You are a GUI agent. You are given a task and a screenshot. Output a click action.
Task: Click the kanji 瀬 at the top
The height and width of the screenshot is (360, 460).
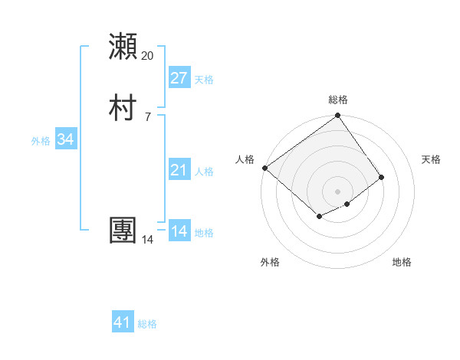(x=123, y=47)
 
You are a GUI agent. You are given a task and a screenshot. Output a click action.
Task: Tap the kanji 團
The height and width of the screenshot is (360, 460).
(x=123, y=231)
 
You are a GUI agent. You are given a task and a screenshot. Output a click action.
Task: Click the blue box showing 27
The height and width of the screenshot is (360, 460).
(x=179, y=78)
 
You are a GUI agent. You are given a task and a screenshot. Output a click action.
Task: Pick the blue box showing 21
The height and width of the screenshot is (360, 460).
(x=179, y=170)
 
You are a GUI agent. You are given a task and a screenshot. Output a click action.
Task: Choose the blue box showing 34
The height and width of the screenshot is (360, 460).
(x=66, y=139)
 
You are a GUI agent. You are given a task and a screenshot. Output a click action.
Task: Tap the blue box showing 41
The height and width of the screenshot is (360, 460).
(x=123, y=322)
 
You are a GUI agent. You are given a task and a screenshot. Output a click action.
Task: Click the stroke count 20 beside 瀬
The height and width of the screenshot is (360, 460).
(x=148, y=56)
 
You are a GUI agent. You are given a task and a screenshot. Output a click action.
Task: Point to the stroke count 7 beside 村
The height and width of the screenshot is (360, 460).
(x=148, y=116)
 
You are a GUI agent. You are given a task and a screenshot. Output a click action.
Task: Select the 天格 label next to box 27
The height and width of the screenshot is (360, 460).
(x=204, y=80)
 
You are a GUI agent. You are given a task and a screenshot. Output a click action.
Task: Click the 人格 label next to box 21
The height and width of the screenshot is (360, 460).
(x=204, y=172)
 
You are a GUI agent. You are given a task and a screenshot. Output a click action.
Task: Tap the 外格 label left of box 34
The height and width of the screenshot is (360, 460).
(x=41, y=141)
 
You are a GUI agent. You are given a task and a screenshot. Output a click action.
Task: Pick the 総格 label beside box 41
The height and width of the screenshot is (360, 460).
(x=147, y=324)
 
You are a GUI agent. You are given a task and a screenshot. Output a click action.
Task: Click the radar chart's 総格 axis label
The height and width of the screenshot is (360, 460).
(x=338, y=100)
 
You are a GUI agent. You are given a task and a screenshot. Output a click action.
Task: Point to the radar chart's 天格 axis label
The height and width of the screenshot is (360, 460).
(x=432, y=159)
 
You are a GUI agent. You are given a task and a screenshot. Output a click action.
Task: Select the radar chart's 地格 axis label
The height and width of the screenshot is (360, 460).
(x=402, y=262)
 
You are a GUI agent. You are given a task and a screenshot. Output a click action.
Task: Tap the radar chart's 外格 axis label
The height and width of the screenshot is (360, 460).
(x=270, y=262)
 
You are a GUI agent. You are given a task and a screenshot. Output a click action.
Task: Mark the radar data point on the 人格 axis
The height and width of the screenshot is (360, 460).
(x=264, y=168)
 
